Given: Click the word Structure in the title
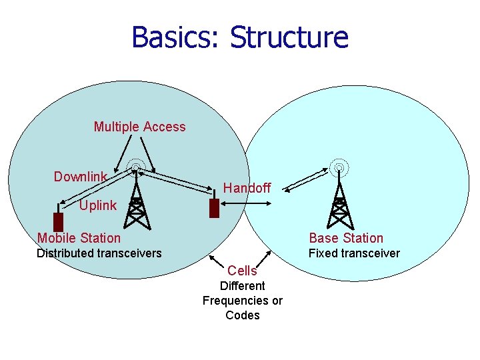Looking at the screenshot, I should tap(289, 37).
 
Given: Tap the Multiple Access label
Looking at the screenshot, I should tap(139, 127).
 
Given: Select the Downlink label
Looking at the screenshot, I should tap(80, 177).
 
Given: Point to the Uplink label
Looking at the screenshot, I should tap(97, 205).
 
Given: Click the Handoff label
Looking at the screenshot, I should tap(247, 188).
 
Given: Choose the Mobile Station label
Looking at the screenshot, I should tap(79, 238).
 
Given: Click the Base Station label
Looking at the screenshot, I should tap(346, 238).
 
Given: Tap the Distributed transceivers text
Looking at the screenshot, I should tap(99, 253).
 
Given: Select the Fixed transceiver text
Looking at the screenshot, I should tap(354, 253).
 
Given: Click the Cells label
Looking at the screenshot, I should tap(242, 271).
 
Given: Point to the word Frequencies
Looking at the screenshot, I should tap(243, 301).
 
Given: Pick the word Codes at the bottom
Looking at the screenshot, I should tap(243, 315).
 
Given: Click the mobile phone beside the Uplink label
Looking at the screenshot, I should tap(58, 221).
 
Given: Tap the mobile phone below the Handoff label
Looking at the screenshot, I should tap(214, 209).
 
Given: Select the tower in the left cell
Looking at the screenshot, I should tap(136, 200).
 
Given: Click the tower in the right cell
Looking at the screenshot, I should tap(340, 200).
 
